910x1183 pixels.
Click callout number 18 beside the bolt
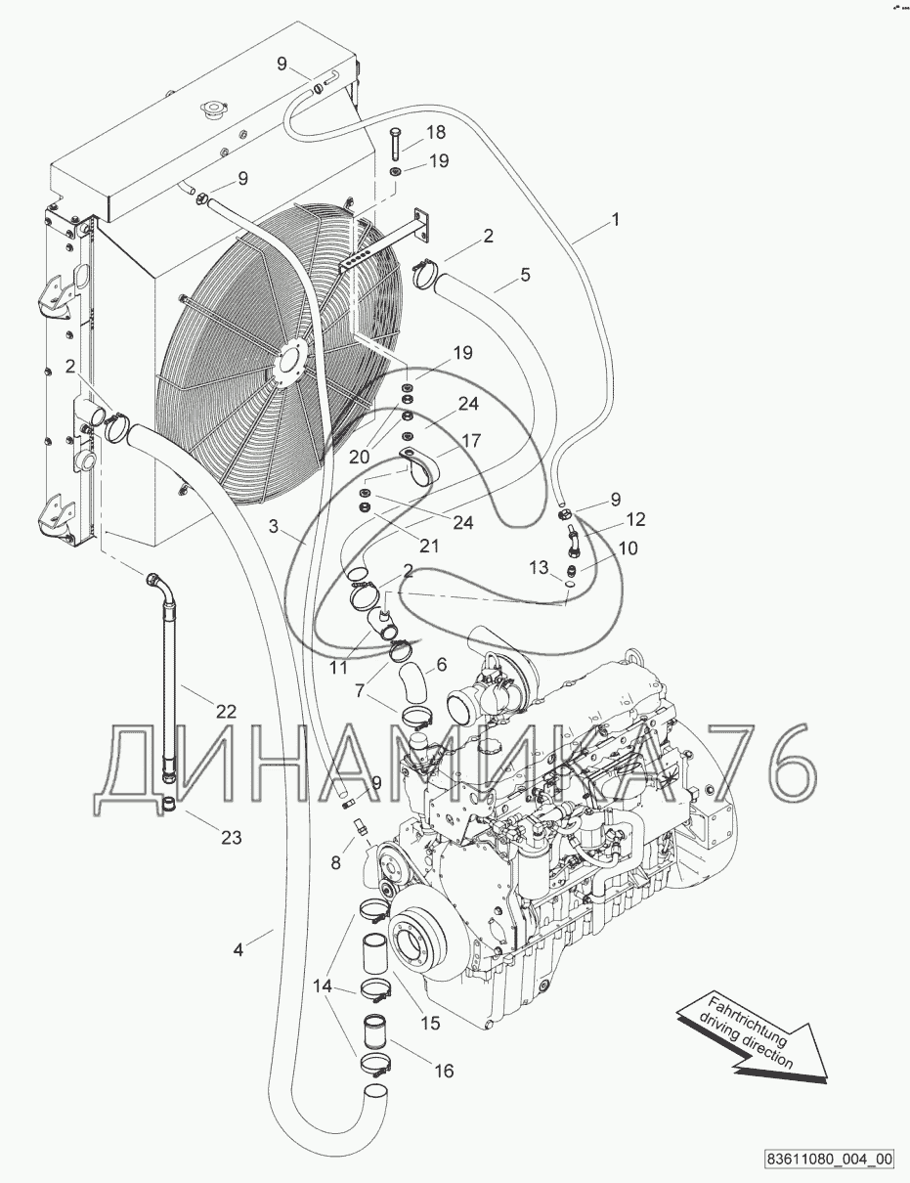[436, 132]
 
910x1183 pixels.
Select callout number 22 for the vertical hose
[226, 711]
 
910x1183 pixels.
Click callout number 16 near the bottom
[444, 1071]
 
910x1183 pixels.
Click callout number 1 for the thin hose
[616, 219]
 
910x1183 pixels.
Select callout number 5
[525, 275]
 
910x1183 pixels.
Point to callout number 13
[539, 568]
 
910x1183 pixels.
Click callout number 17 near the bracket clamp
[471, 440]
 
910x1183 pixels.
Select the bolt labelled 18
[394, 144]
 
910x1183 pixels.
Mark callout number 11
[338, 667]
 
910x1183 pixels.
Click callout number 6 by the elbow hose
[442, 664]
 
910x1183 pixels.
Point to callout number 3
[274, 526]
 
